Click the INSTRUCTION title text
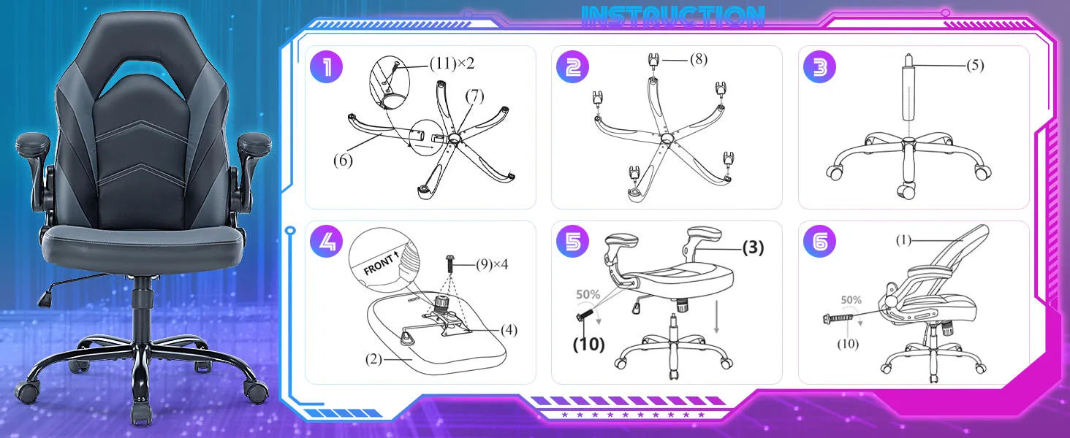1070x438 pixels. tap(673, 17)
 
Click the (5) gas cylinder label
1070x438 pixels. tap(975, 66)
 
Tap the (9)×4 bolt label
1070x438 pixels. tap(492, 264)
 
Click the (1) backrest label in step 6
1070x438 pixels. tap(904, 240)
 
